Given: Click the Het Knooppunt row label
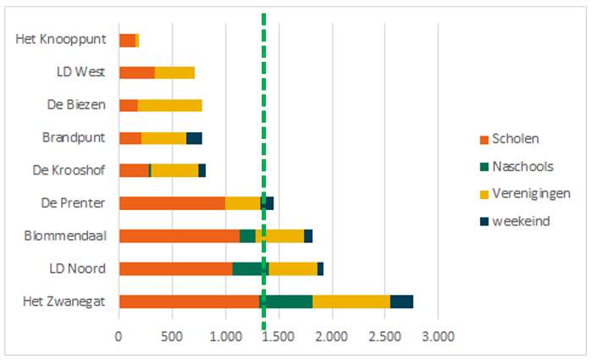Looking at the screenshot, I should [61, 39].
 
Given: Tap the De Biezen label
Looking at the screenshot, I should [76, 104].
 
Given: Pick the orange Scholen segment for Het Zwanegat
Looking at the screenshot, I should [188, 301].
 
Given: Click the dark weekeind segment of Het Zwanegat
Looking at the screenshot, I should [401, 301].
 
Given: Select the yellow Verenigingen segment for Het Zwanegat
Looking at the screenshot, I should [351, 301].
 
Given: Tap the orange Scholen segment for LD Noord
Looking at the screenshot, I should [175, 269].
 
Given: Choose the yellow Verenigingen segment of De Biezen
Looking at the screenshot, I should [169, 105].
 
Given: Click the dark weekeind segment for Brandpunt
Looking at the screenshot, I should [194, 137].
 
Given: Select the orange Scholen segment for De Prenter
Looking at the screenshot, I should [171, 203].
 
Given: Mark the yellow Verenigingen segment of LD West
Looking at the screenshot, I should [174, 72].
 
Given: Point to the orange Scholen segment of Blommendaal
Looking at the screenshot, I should [179, 235].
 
